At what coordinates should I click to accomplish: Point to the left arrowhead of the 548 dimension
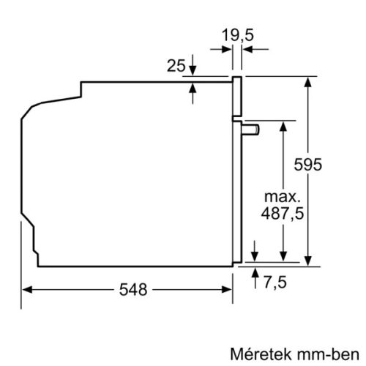23,289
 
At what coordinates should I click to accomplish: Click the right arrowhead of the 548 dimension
228,289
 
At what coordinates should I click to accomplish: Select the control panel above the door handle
238,96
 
